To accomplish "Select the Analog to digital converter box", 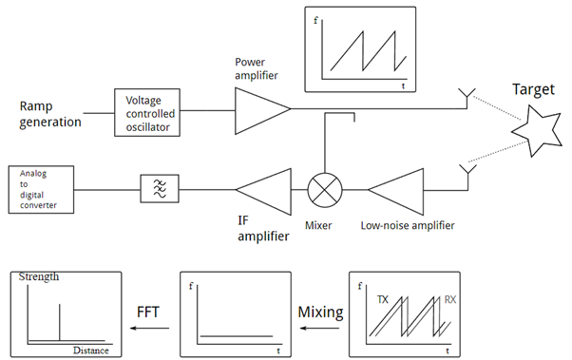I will (39, 189).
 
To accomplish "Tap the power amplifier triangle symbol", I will (258, 110).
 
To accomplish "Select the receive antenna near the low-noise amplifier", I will (467, 172).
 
